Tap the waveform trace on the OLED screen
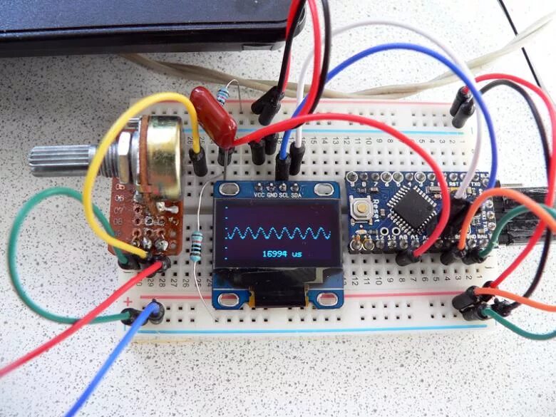(279, 233)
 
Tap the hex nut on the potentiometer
(121, 158)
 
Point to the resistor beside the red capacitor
(226, 95)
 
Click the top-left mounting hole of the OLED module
(229, 189)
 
